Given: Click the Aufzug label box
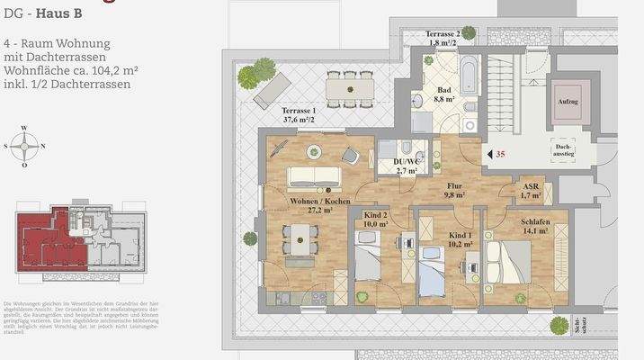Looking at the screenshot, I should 568,102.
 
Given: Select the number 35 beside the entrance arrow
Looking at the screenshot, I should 500,154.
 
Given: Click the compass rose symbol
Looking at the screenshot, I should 28,145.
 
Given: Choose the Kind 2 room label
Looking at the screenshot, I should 376,218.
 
